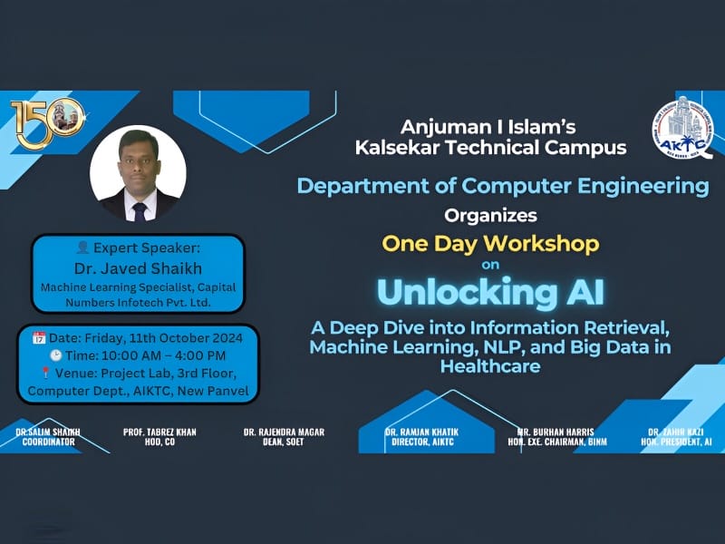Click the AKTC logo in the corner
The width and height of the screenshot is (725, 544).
[681, 129]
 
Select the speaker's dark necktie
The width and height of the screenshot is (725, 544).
[139, 209]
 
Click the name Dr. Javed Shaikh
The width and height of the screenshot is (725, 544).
[139, 267]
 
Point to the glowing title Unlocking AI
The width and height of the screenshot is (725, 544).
[490, 292]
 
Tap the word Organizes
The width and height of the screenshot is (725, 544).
[490, 215]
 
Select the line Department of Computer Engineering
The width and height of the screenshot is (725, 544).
[503, 186]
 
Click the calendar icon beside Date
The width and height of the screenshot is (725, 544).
[39, 338]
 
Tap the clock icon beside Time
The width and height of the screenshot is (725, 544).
[56, 356]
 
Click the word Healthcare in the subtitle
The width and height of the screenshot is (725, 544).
[490, 365]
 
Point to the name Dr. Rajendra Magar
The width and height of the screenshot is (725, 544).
[284, 436]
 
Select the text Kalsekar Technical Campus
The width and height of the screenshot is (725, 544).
[490, 147]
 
